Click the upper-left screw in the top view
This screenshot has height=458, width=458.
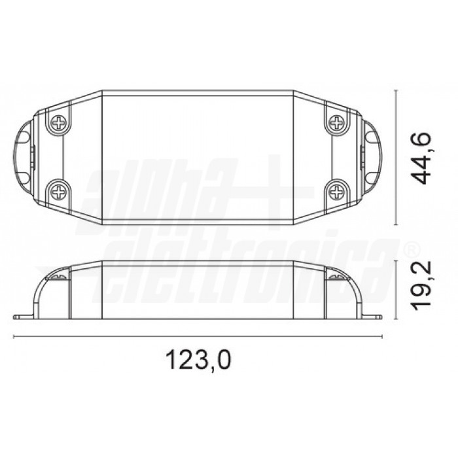(x=59, y=122)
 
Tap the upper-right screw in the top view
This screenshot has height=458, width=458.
(x=337, y=122)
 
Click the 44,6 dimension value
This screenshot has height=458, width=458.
(x=421, y=158)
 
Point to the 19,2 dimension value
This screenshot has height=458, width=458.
(x=421, y=283)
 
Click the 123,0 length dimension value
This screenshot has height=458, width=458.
(x=198, y=360)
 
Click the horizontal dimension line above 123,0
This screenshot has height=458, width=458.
(x=198, y=336)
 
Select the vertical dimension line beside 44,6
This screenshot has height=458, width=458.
(x=396, y=158)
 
